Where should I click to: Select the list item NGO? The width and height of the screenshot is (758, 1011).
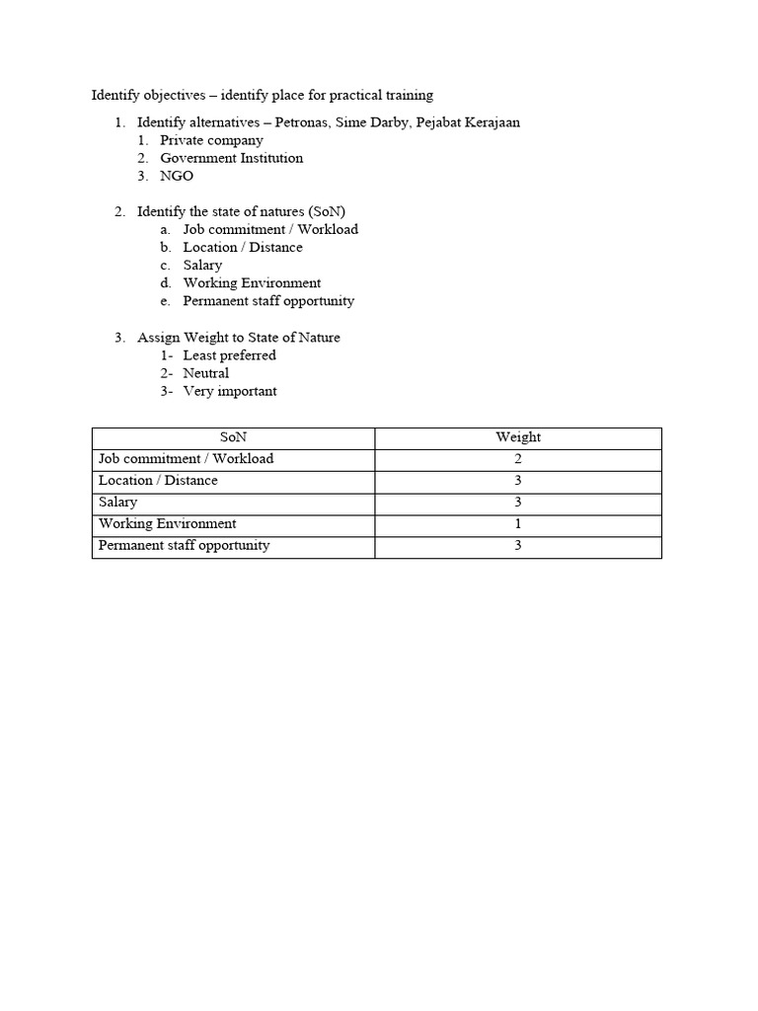point(177,176)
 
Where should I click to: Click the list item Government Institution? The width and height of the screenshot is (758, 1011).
point(231,158)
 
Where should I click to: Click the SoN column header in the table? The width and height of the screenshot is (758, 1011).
point(233,437)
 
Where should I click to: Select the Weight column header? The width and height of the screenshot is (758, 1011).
point(518,437)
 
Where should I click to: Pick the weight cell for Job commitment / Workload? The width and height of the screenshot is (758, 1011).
point(518,459)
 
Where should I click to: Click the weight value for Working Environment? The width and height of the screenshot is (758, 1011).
point(518,524)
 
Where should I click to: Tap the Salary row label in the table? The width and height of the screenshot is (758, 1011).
point(118,503)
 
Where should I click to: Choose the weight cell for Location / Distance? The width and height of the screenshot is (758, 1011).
point(518,481)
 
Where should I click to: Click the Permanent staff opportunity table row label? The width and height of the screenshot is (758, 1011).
point(184,545)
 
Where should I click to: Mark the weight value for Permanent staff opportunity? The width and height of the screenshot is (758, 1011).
point(518,546)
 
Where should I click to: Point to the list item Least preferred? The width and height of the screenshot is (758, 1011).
point(229,355)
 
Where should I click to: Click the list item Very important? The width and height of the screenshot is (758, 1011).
point(230,391)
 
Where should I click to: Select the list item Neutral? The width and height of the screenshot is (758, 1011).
point(206,373)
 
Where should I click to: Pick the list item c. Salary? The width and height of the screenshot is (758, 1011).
point(202,265)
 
